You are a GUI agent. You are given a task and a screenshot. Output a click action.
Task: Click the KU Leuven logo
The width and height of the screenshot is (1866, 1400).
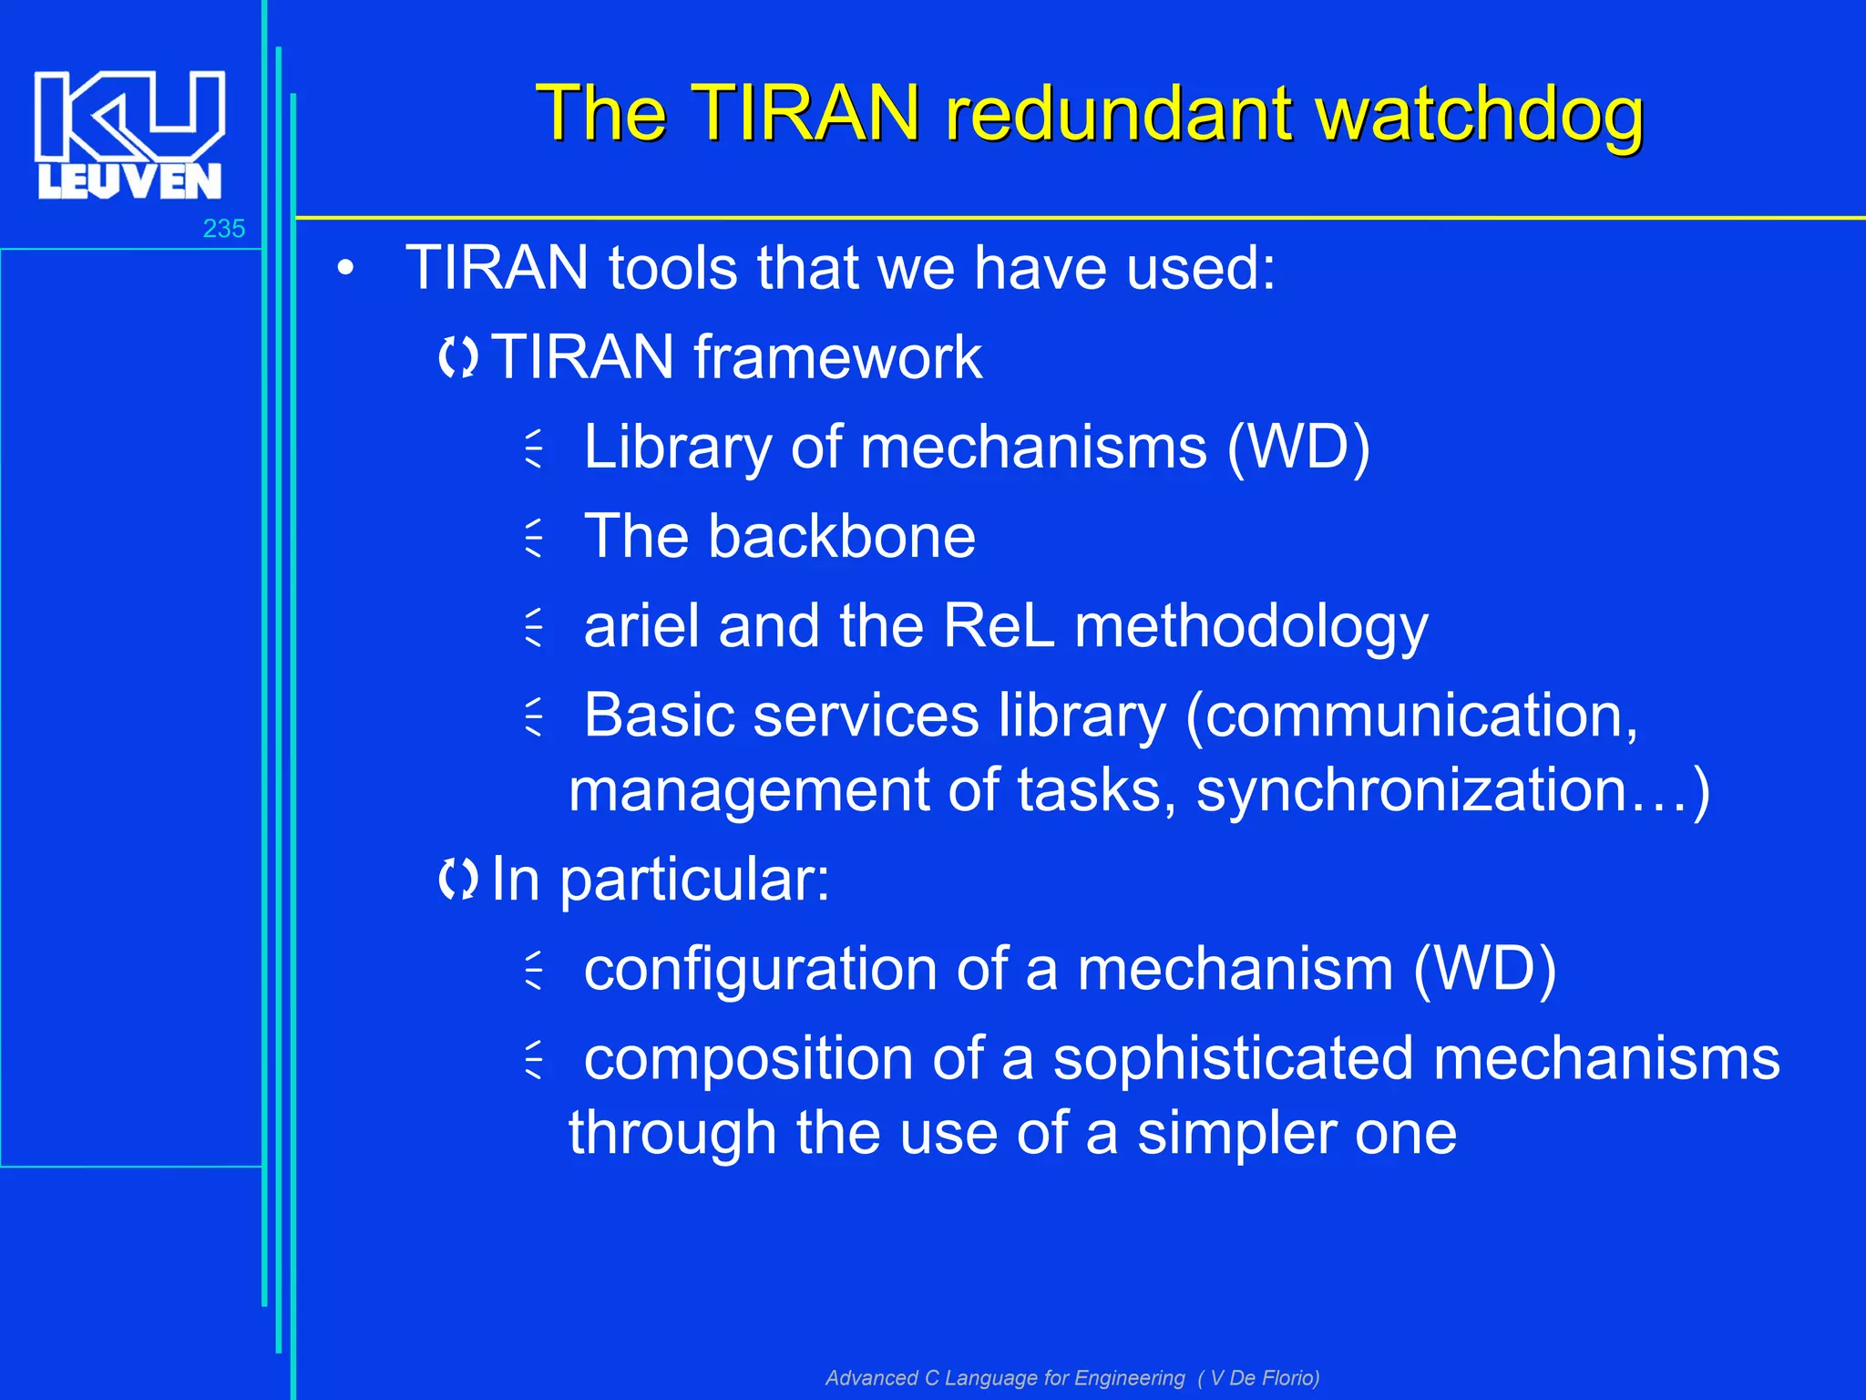click(129, 134)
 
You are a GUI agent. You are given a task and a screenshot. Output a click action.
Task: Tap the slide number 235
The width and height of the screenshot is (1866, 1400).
click(223, 229)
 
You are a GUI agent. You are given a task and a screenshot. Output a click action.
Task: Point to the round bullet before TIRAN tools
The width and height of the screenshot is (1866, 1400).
click(344, 269)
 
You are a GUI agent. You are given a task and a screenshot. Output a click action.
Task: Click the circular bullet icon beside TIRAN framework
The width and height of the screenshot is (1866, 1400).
click(457, 357)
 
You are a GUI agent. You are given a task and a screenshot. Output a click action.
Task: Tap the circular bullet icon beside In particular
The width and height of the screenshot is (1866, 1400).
click(457, 880)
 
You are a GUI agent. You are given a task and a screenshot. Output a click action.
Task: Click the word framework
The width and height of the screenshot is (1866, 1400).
click(837, 356)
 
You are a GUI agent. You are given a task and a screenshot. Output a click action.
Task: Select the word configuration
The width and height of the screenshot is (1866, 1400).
click(761, 970)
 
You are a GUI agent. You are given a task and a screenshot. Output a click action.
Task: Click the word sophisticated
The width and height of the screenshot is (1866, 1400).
click(1233, 1059)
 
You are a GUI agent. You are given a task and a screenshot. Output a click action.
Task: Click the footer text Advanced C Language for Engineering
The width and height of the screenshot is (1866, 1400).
click(1005, 1378)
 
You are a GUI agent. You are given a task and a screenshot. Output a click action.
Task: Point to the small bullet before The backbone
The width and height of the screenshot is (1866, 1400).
click(535, 538)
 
